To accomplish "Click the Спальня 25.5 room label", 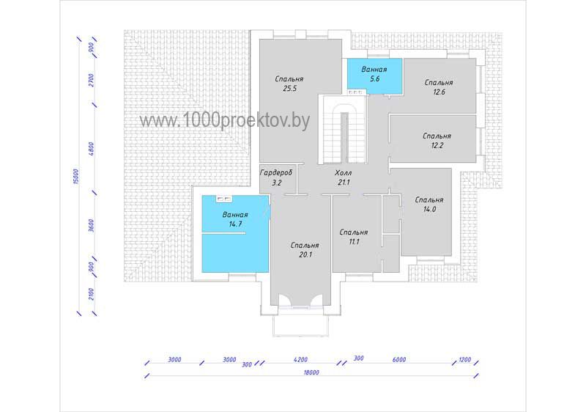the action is click(x=289, y=84).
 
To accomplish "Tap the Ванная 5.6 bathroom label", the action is click(x=374, y=74).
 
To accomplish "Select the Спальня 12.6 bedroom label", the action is click(x=439, y=87).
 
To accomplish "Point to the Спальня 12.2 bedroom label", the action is click(x=437, y=141).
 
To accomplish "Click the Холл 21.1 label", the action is click(x=343, y=177).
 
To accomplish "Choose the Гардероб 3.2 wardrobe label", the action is click(x=276, y=177).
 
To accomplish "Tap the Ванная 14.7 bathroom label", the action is click(x=235, y=219).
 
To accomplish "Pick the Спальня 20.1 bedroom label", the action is click(x=305, y=250).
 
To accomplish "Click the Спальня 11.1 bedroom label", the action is click(x=354, y=237).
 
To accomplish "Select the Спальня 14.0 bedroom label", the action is click(x=429, y=205).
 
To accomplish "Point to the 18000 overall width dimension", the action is click(x=311, y=372).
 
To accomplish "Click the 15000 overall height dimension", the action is click(x=76, y=176).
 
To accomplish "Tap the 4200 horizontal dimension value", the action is click(x=300, y=360).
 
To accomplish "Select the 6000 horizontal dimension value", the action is click(x=399, y=360).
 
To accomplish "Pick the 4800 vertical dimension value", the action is click(x=92, y=148).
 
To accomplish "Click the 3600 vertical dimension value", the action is click(x=92, y=226).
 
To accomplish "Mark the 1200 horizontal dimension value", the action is click(x=464, y=360).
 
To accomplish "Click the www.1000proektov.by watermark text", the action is click(x=225, y=121).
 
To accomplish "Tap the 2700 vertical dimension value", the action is click(x=92, y=81).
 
